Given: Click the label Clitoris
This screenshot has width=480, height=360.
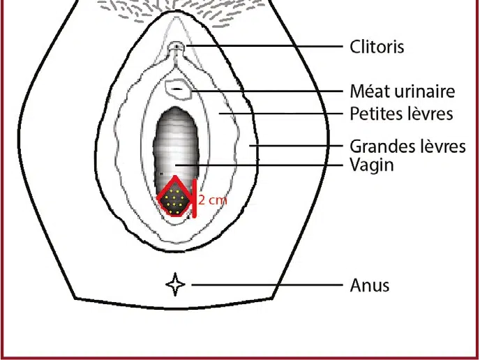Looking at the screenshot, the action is (x=377, y=47).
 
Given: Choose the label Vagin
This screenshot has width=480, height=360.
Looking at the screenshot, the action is (x=372, y=165).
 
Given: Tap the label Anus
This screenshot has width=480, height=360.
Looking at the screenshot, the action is (x=370, y=285).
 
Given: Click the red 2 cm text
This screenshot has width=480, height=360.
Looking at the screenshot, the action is (x=213, y=200).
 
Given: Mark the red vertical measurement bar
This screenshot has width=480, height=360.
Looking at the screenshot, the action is (x=194, y=199).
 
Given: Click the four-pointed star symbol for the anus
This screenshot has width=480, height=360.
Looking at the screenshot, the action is (x=175, y=285).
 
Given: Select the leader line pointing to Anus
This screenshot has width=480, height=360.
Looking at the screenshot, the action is (x=267, y=285).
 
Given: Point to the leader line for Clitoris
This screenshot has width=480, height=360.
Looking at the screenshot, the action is (x=264, y=46).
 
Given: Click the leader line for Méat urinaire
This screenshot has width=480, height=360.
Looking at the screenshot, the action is (x=267, y=91).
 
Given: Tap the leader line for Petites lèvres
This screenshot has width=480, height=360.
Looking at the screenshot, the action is (x=280, y=113).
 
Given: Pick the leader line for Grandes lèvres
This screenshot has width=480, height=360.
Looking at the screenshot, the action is (x=296, y=146).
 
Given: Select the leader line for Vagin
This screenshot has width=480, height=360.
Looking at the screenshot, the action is (x=259, y=165).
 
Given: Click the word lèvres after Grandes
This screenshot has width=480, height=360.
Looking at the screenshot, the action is (x=442, y=146).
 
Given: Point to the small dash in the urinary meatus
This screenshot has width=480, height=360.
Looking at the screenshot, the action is (x=177, y=89).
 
